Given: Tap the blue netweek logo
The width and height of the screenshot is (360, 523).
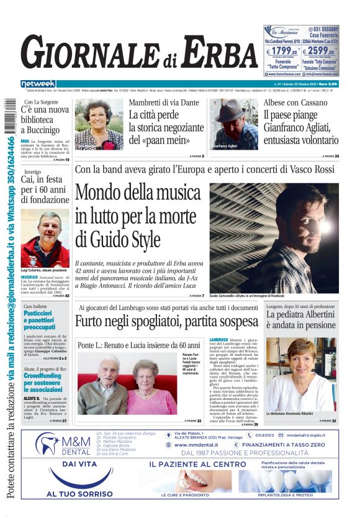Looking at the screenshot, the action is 38,83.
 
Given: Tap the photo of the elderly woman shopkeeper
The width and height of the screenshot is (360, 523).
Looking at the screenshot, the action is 99,124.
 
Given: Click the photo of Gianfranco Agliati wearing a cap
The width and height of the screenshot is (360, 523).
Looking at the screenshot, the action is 233,124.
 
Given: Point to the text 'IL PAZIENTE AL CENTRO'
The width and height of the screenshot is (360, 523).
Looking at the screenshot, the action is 197,464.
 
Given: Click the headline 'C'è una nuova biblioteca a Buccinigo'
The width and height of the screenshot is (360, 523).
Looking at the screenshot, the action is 45,120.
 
